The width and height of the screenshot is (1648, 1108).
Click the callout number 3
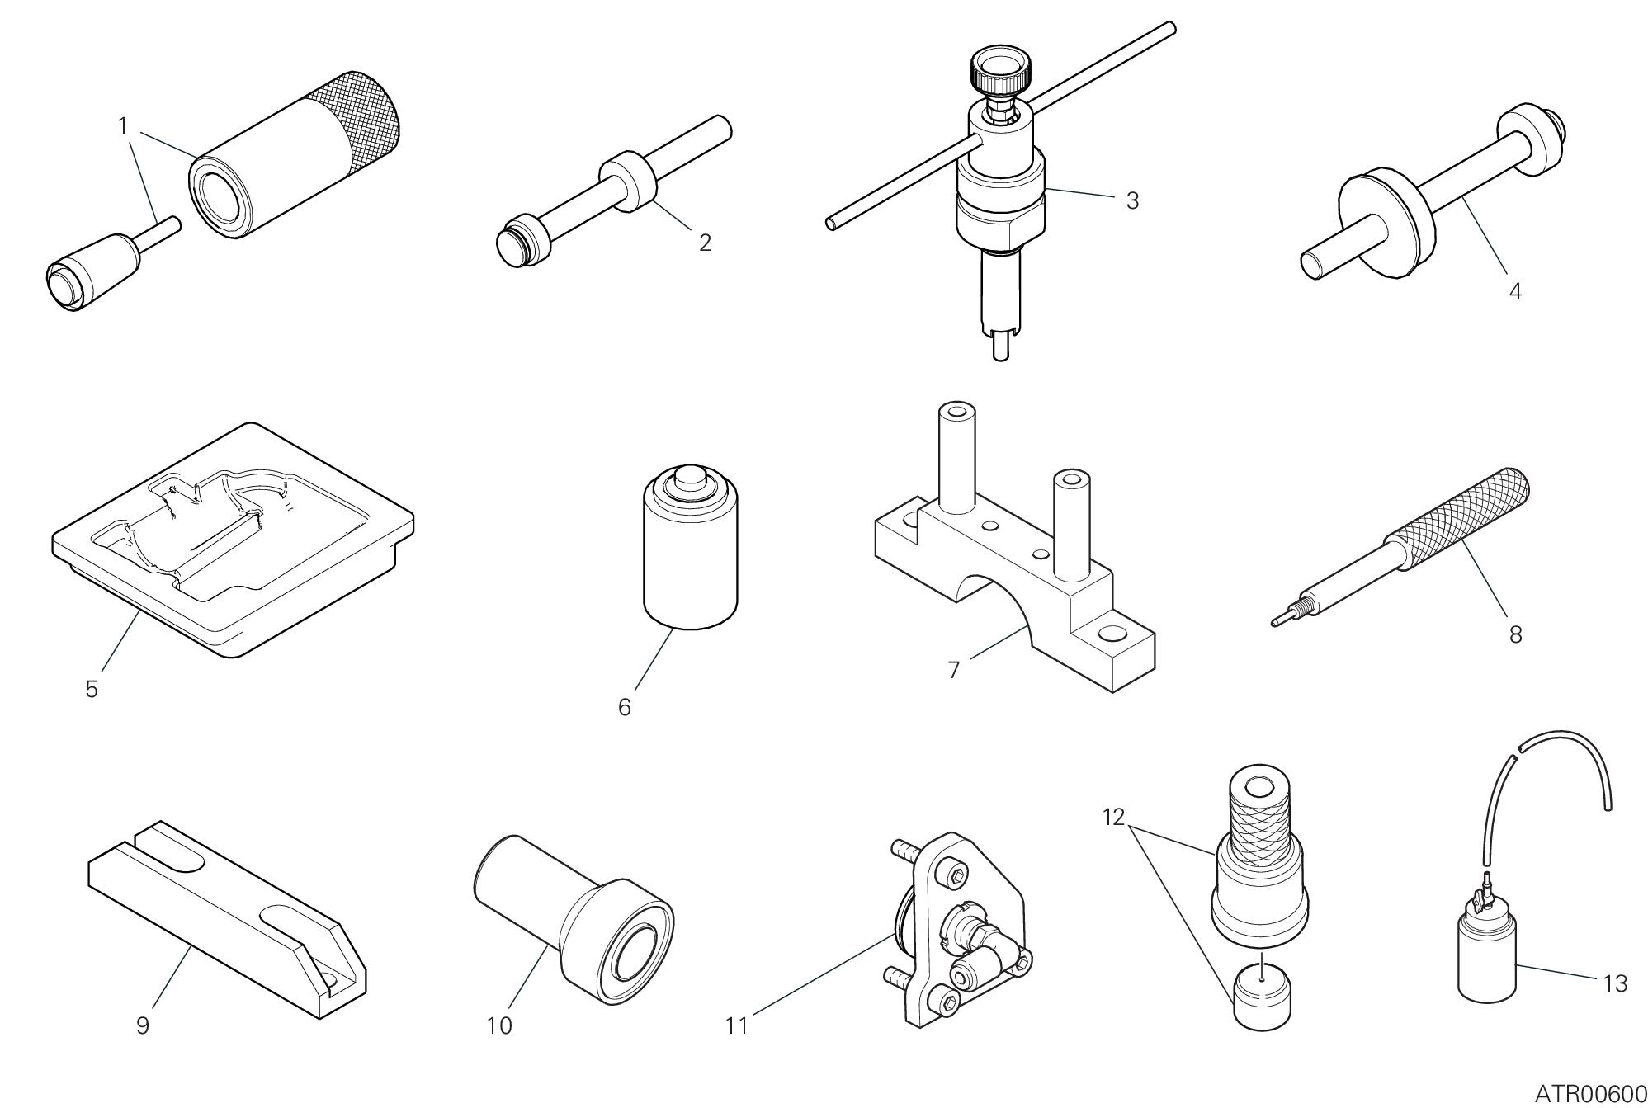[x=1132, y=200]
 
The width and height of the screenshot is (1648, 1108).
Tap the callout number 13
[x=1614, y=983]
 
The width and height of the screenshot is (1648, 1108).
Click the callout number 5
[x=92, y=689]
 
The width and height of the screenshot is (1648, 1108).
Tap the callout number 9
[x=143, y=1025]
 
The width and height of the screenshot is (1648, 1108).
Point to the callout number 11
[x=736, y=1025]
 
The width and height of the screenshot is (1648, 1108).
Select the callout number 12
[x=1113, y=817]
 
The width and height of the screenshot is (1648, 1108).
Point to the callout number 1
[x=123, y=126]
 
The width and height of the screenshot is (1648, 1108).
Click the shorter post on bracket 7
[x=1070, y=523]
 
